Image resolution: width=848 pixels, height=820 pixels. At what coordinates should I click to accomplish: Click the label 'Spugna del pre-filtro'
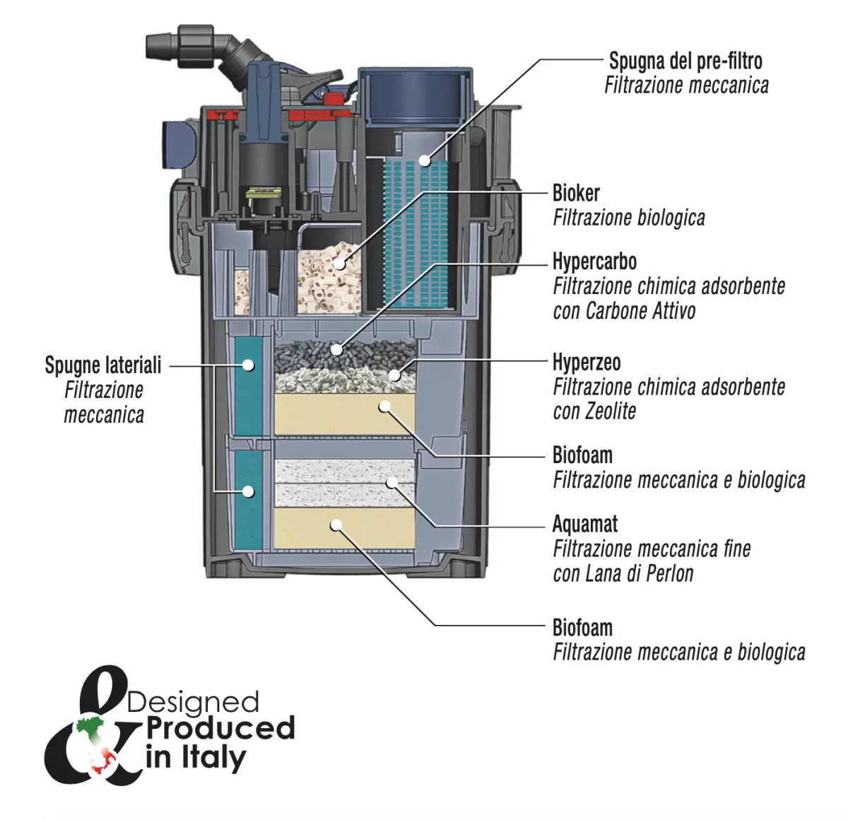tap(685, 61)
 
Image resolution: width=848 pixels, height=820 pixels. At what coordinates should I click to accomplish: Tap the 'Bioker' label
tap(576, 193)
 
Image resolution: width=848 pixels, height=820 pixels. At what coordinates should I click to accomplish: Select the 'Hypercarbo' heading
tap(594, 262)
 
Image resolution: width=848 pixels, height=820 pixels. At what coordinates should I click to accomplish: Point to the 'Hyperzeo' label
tap(587, 363)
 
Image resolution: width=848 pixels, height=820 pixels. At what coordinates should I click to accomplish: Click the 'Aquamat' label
tap(584, 524)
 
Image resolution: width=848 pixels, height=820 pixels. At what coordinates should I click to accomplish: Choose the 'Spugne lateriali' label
tap(103, 365)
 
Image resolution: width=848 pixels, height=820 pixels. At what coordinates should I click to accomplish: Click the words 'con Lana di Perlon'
tap(623, 573)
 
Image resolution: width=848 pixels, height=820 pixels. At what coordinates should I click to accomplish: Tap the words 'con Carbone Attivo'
tap(624, 311)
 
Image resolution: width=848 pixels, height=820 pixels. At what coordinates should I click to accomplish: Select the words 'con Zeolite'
tap(594, 411)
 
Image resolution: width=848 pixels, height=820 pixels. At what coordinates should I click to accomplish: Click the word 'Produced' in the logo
tap(220, 728)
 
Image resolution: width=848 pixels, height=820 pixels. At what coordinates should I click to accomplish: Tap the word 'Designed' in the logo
tap(193, 702)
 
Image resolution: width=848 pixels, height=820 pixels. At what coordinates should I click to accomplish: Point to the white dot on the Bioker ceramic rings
tap(340, 264)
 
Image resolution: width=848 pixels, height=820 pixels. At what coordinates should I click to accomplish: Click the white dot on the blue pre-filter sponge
tap(424, 160)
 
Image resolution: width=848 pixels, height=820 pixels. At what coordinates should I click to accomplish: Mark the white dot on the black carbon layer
tap(337, 349)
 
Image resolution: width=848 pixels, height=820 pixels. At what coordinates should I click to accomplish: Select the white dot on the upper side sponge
tap(248, 365)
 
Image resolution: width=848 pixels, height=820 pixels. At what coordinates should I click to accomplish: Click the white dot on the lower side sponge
tap(248, 491)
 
